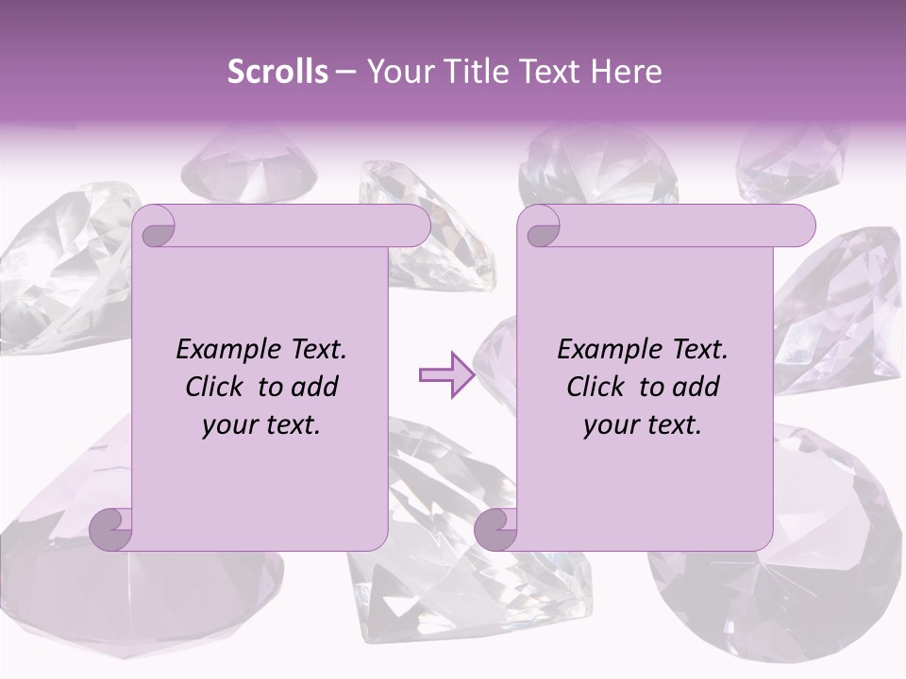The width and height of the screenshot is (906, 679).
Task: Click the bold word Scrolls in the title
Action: tap(277, 72)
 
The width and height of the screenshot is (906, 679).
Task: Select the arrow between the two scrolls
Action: tap(446, 375)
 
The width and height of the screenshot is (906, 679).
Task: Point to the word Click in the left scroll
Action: tap(215, 387)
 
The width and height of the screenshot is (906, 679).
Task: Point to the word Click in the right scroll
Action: tap(596, 387)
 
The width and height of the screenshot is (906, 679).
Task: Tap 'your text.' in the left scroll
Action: tap(261, 425)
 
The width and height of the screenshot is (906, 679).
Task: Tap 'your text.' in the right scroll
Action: tap(643, 425)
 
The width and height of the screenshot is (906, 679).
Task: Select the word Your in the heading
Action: tap(397, 72)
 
